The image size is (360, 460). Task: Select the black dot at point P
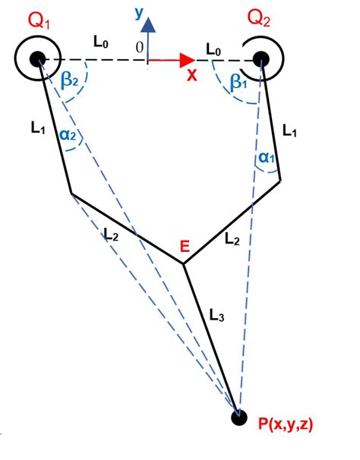click(239, 417)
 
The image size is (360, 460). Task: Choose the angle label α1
click(263, 157)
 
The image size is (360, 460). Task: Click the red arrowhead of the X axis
click(185, 58)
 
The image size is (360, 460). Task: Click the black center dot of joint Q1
click(37, 58)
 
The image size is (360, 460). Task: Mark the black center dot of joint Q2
click(261, 58)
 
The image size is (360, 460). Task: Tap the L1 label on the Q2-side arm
click(290, 131)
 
